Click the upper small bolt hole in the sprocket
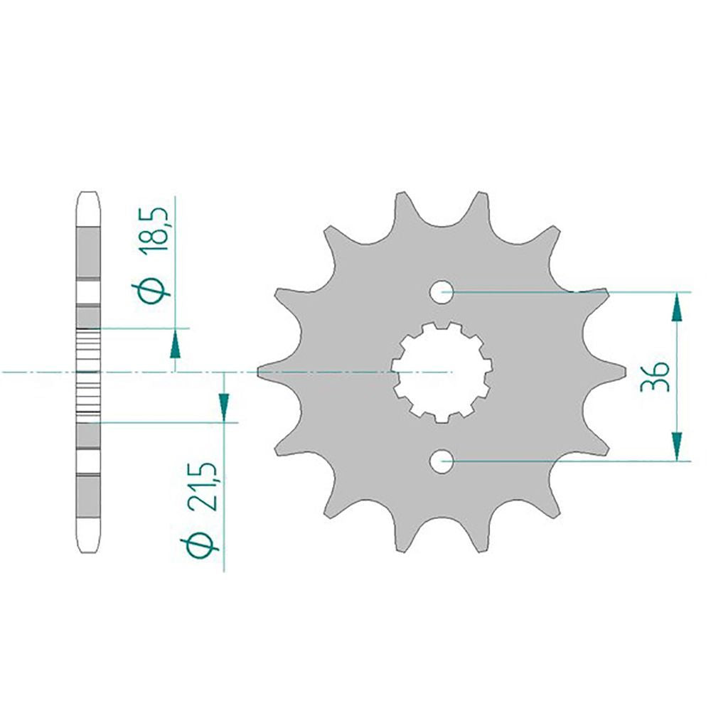[x=441, y=292]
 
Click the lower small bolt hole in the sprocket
[x=441, y=461]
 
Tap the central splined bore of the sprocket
[x=441, y=372]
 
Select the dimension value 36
[x=655, y=376]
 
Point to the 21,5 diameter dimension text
[x=203, y=486]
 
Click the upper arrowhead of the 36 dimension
[x=677, y=306]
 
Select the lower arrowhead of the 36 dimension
[x=677, y=446]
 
